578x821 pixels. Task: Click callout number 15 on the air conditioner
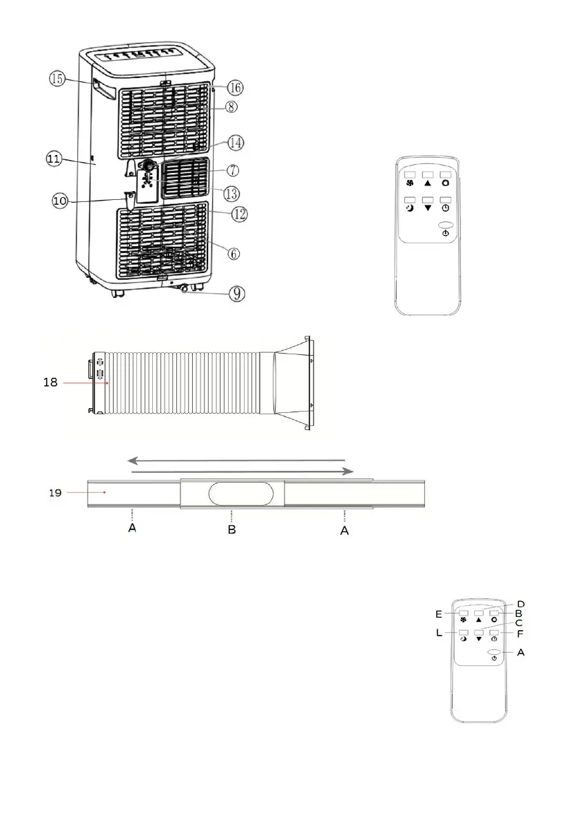tap(56, 79)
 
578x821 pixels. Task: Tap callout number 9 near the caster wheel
tap(236, 294)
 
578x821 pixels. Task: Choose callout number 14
tap(236, 142)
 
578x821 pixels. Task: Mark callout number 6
tap(234, 254)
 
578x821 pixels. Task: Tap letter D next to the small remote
tap(522, 604)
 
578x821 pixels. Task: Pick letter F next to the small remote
tap(521, 633)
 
